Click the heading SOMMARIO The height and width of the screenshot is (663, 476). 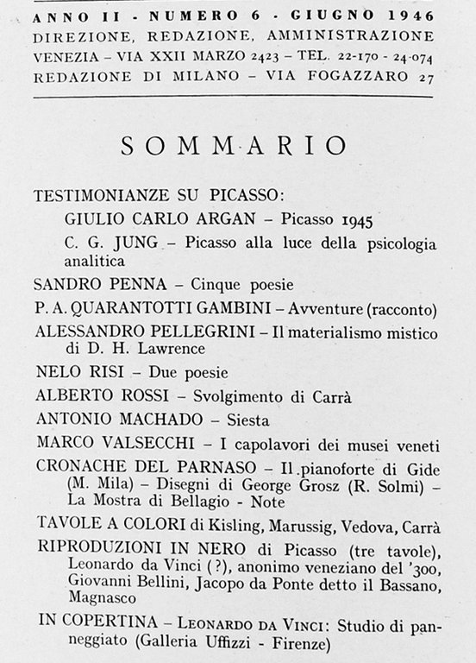pos(235,145)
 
